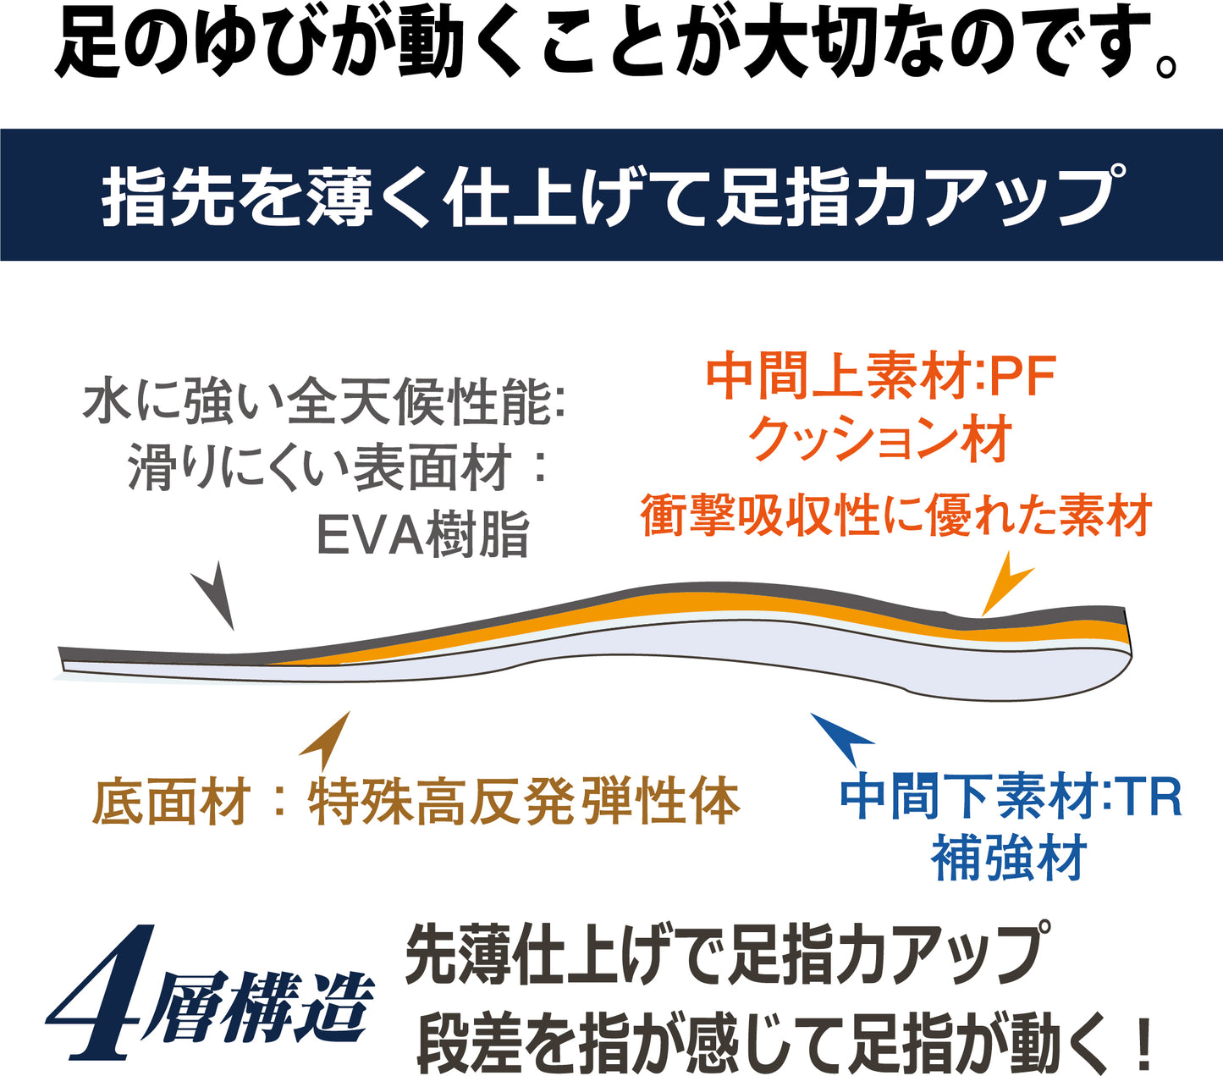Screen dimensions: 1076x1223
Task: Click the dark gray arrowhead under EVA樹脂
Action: coord(215,596)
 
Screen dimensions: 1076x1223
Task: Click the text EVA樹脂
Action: coord(422,534)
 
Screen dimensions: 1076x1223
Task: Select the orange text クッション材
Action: coord(880,440)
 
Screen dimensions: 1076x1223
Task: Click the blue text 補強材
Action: coord(1008,858)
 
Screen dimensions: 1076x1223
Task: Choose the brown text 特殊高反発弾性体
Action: coord(524,801)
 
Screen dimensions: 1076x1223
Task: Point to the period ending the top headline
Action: coord(1166,65)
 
